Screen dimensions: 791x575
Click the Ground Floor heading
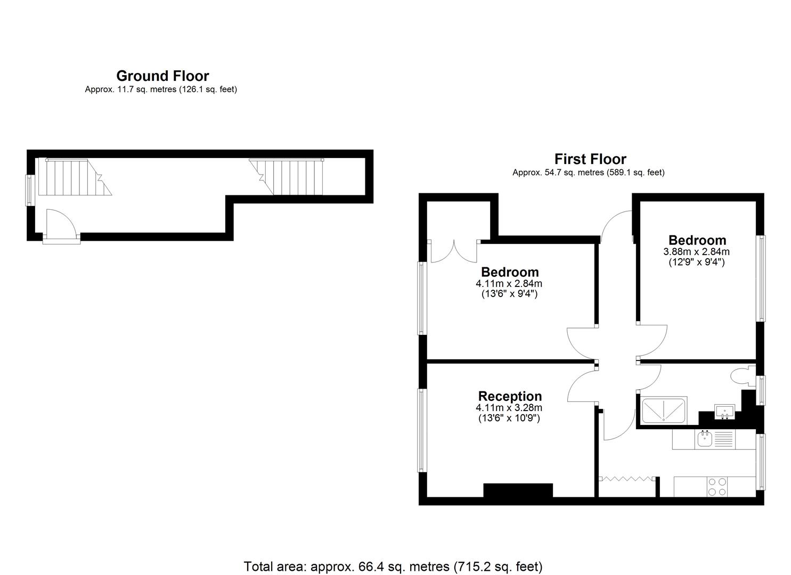(x=163, y=76)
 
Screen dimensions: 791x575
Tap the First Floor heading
(x=590, y=159)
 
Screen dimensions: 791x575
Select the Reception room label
(x=510, y=396)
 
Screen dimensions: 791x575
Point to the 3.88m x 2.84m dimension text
(x=696, y=252)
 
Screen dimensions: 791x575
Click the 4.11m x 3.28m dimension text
(x=509, y=408)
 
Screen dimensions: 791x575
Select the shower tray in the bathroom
(x=664, y=410)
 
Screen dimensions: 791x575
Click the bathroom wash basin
(x=724, y=412)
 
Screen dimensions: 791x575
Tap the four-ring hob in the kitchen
(x=717, y=487)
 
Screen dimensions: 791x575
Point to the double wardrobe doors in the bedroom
(x=453, y=252)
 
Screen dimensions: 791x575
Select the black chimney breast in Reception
(x=518, y=491)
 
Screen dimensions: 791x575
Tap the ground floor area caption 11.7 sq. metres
(x=161, y=89)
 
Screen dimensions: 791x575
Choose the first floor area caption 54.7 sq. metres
(x=589, y=172)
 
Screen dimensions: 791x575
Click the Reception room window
(x=422, y=430)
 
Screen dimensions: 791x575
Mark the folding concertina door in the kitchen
(x=627, y=479)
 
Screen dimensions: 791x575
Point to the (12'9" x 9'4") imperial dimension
(x=696, y=262)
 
